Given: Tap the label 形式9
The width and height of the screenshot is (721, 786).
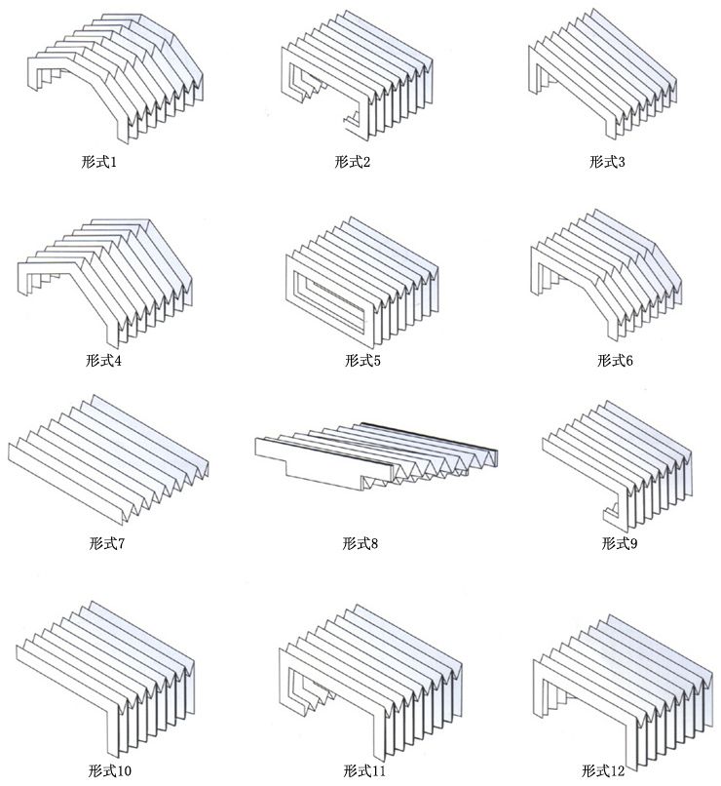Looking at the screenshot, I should (x=619, y=542).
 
